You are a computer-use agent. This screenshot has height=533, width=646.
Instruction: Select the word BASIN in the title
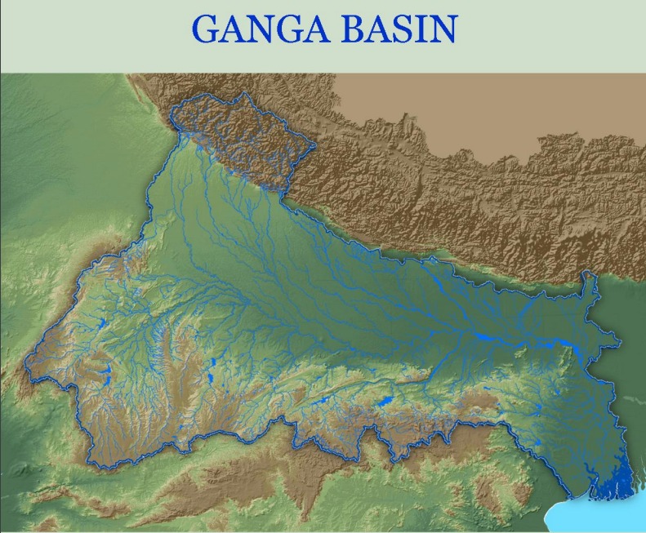[x=399, y=29]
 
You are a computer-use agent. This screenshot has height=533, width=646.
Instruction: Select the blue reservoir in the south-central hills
[x=382, y=401]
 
